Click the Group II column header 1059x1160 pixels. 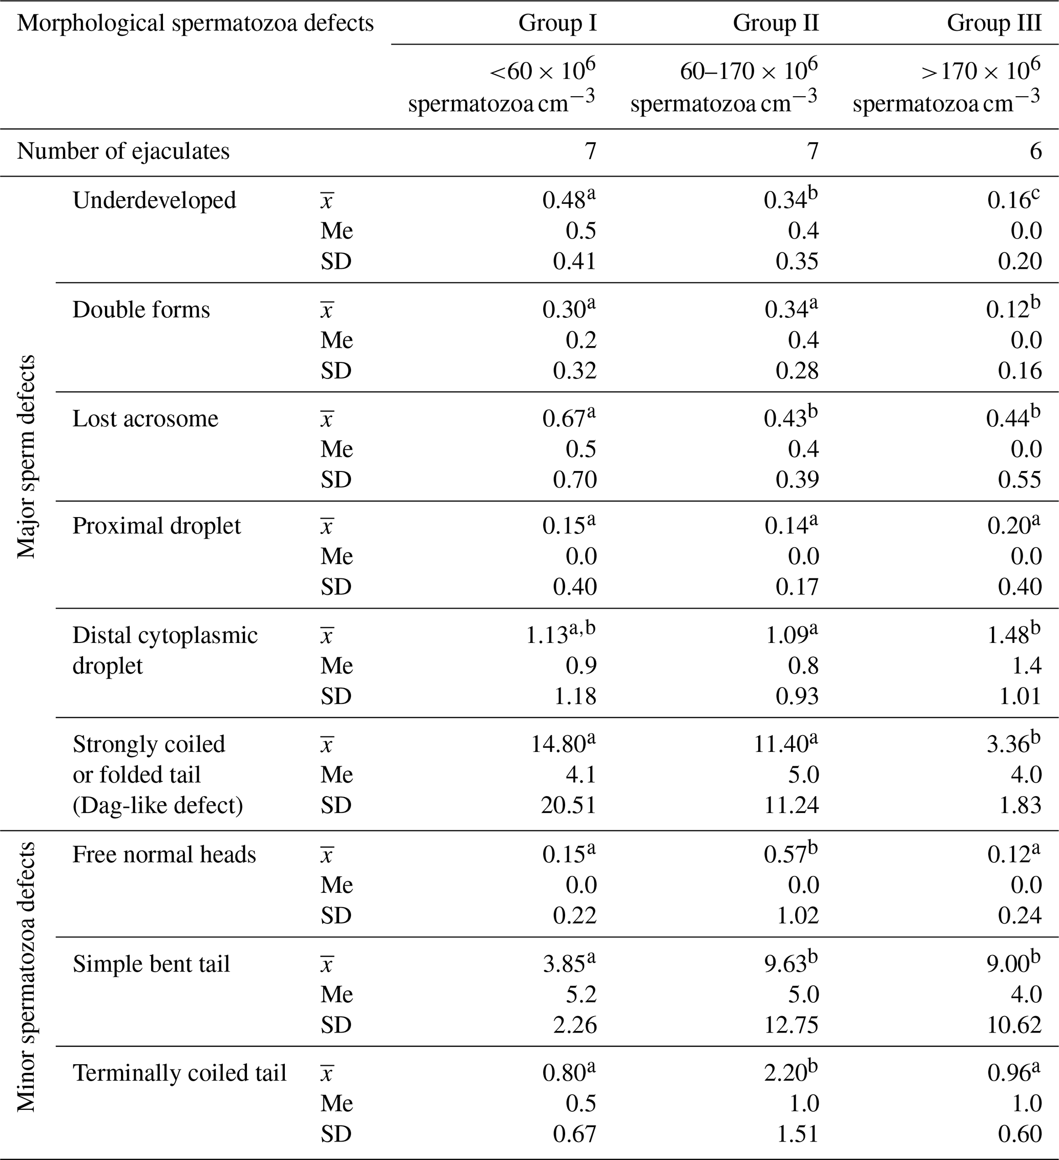coord(775,23)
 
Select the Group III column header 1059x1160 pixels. coord(994,23)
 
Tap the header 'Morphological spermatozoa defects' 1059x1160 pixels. coord(195,23)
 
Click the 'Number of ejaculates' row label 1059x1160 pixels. coord(123,152)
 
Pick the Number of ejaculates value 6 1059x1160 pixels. coord(1035,152)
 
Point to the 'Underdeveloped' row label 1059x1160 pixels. coord(154,200)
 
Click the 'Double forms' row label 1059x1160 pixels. coord(141,310)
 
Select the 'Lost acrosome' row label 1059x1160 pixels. coord(145,418)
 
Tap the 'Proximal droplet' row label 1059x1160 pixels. coord(157,526)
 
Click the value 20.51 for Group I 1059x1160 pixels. coord(568,805)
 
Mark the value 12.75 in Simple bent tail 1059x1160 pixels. coord(791,1025)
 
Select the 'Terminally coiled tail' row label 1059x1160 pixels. coord(180,1073)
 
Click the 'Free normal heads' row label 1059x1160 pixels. coord(164,854)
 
